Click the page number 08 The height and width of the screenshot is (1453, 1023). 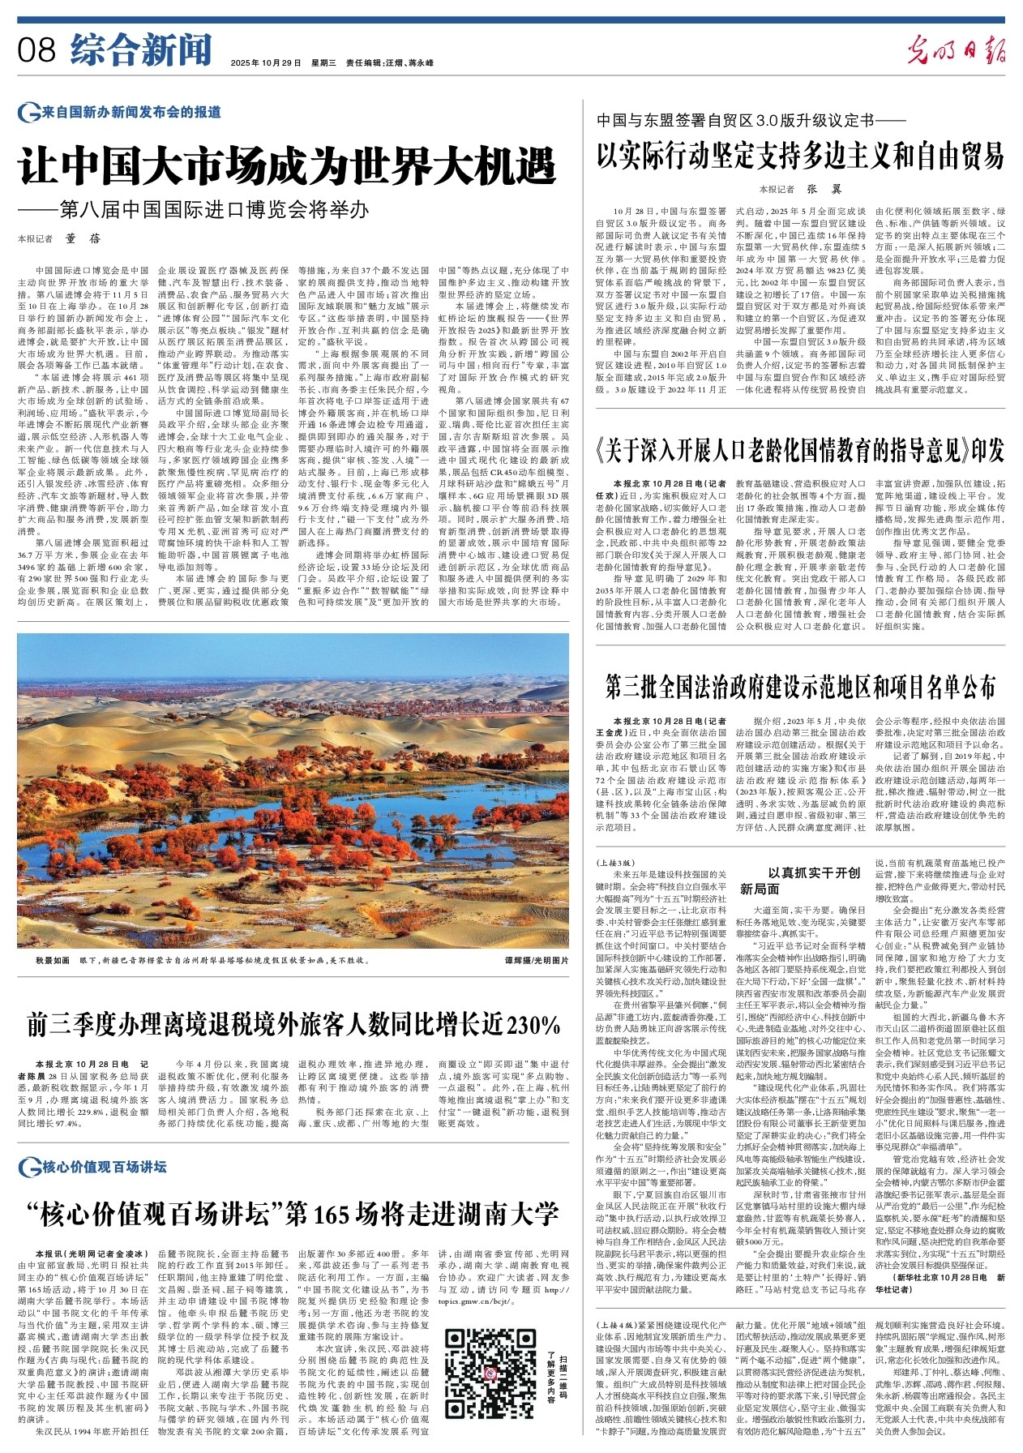click(36, 50)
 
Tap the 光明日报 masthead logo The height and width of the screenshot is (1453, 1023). click(956, 50)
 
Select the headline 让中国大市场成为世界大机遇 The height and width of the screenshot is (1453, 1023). click(287, 168)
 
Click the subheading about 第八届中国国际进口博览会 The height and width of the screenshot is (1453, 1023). click(195, 210)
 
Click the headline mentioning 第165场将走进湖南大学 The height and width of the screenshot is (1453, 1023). click(292, 1214)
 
